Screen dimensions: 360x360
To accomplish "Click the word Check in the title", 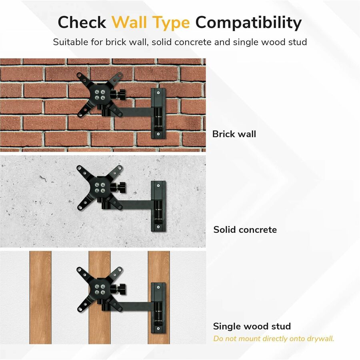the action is (82, 22).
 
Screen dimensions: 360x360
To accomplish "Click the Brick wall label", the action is (234, 134).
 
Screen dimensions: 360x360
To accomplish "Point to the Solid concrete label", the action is (245, 230).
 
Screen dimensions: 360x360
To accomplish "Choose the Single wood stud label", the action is (252, 326).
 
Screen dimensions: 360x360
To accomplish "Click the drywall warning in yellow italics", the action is (274, 339).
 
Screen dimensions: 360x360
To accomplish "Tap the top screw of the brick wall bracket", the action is (158, 93).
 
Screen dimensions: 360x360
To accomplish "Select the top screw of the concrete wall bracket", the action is (158, 185).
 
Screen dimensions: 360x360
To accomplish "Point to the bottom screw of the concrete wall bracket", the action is (158, 227).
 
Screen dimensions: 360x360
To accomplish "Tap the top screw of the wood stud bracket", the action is (158, 287).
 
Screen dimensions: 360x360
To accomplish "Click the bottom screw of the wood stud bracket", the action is (158, 328).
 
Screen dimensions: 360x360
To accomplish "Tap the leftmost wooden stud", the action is (40, 297).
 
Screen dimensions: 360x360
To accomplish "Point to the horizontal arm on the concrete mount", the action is (136, 204).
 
